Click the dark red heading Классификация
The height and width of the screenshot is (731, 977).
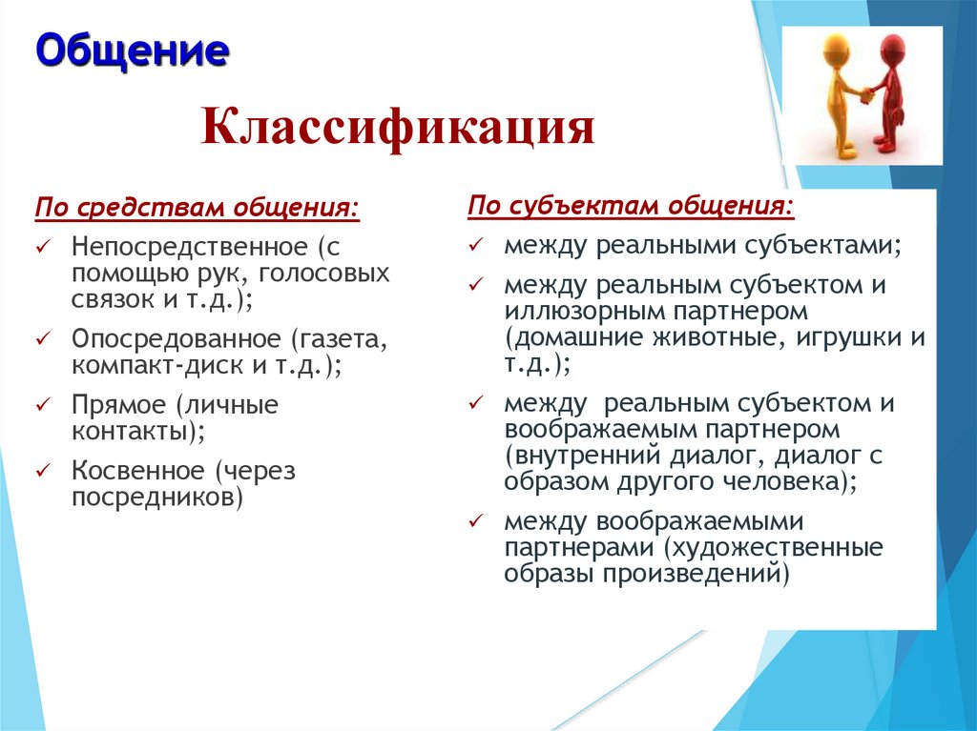[397, 127]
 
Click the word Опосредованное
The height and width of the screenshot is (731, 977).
[178, 340]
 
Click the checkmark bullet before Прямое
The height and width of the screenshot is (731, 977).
[43, 405]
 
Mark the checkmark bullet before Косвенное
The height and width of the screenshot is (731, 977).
[43, 470]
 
